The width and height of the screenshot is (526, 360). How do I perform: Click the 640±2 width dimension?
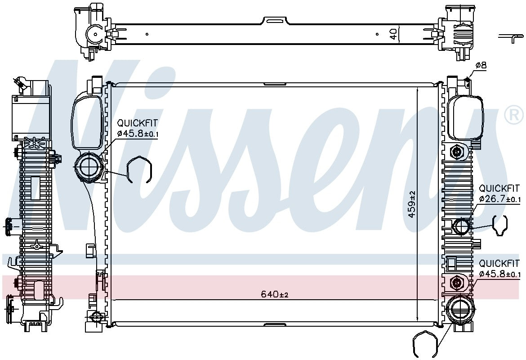(x=275, y=294)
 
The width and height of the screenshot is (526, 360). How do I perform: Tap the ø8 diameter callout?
(x=481, y=65)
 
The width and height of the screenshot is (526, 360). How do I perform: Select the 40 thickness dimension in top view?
(x=393, y=33)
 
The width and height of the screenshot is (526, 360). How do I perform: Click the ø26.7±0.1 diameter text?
(x=500, y=199)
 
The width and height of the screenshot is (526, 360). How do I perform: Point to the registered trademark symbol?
(x=514, y=114)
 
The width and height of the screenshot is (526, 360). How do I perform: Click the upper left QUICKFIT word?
(x=137, y=123)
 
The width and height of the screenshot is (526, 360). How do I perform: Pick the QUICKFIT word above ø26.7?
(x=499, y=188)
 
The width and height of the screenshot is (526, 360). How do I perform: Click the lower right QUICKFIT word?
(x=499, y=263)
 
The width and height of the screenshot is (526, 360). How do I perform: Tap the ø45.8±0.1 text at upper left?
(x=138, y=134)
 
